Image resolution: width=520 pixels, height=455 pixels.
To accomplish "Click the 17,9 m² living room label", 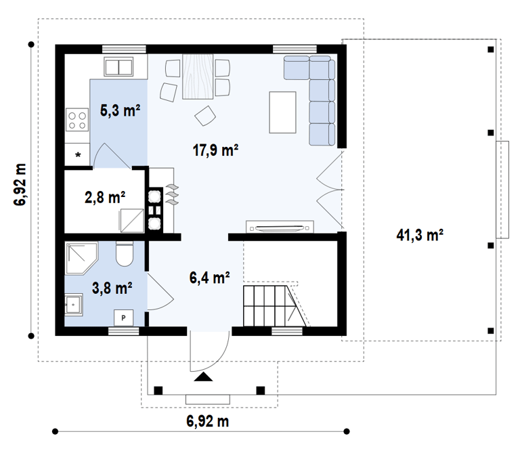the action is click(215, 150).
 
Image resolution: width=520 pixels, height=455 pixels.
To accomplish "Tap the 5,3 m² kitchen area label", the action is click(120, 110).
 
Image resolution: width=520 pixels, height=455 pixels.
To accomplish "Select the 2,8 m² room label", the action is click(105, 197).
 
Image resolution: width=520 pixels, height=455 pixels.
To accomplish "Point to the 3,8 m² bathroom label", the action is click(112, 288).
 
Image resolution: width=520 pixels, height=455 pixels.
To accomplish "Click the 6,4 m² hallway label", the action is click(210, 277).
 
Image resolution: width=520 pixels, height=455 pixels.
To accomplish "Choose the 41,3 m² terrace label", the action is click(420, 235).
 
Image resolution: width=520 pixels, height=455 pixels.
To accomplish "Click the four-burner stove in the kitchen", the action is click(77, 120).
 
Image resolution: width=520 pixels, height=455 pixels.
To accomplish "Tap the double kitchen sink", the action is click(118, 66).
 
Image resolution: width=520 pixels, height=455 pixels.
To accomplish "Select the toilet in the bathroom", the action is click(125, 254).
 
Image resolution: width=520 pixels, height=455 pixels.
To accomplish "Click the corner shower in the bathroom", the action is click(81, 258).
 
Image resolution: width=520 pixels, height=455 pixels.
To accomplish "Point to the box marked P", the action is click(123, 318).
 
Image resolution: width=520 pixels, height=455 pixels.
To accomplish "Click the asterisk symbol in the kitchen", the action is click(79, 154).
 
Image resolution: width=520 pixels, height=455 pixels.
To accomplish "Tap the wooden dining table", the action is click(198, 77).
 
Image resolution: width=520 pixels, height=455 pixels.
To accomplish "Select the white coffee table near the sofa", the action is click(282, 112).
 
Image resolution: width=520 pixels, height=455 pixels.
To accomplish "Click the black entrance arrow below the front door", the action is click(203, 376).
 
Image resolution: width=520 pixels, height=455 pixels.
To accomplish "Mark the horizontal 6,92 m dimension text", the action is click(208, 421).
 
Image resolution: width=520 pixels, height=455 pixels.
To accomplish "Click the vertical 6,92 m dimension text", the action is click(20, 185).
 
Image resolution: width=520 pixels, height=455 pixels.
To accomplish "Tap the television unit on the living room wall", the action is click(280, 227).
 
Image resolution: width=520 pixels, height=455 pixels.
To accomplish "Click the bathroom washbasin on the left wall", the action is click(74, 305).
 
